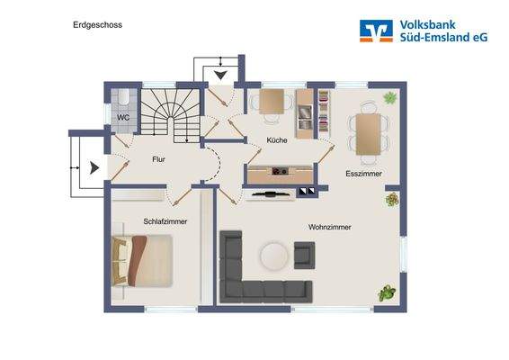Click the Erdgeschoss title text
(98, 25)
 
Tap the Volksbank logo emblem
(376, 31)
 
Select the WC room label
(122, 117)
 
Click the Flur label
(158, 159)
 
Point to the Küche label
(276, 140)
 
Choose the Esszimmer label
(363, 173)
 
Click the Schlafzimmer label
(164, 221)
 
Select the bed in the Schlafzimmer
(141, 260)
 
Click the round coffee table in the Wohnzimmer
(273, 256)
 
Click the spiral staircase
(171, 112)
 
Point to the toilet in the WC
(121, 96)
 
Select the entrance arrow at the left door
(92, 166)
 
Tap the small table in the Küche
(272, 101)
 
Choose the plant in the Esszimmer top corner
(390, 97)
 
